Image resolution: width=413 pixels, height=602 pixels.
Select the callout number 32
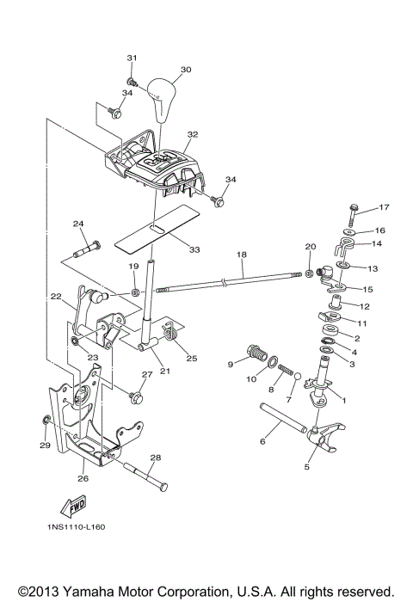(192, 135)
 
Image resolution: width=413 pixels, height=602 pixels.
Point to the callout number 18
(241, 255)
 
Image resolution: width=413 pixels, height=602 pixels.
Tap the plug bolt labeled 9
(256, 353)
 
